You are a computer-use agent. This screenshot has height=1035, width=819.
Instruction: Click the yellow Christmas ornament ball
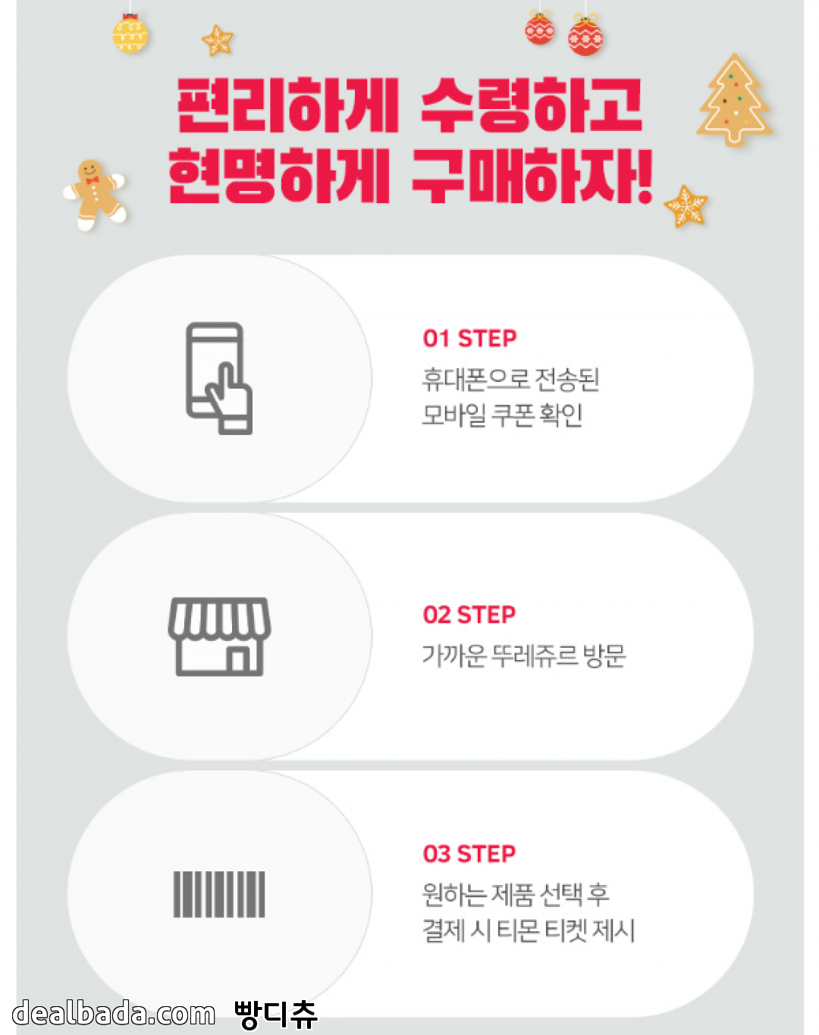[130, 33]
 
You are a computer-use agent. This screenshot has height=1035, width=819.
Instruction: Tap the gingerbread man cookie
[95, 194]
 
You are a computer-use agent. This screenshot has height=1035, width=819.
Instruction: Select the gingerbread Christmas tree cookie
[734, 100]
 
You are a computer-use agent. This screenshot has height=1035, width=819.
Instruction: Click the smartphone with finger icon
[219, 378]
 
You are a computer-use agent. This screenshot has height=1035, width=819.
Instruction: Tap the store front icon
[219, 636]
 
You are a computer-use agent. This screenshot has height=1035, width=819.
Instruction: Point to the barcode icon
[219, 894]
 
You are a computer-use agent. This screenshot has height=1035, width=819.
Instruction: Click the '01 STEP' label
[469, 339]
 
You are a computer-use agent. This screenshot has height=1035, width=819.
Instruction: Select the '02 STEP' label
[469, 614]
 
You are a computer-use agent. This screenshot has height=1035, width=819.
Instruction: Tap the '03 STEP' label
[469, 854]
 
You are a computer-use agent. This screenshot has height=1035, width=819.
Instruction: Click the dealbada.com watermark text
[113, 1013]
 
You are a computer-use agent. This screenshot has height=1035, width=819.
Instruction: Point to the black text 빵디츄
[275, 1015]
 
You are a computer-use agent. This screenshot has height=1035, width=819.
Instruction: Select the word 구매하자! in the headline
[532, 176]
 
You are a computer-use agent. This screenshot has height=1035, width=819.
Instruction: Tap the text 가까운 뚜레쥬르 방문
[524, 655]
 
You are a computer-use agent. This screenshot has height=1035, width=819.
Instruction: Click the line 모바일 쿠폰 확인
[502, 415]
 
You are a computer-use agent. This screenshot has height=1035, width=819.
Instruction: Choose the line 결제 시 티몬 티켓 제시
[529, 930]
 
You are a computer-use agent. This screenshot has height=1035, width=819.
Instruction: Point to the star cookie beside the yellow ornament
[218, 40]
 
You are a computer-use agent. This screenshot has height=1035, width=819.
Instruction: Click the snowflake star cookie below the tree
[686, 206]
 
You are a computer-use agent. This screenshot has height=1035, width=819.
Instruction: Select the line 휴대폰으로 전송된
[510, 380]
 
